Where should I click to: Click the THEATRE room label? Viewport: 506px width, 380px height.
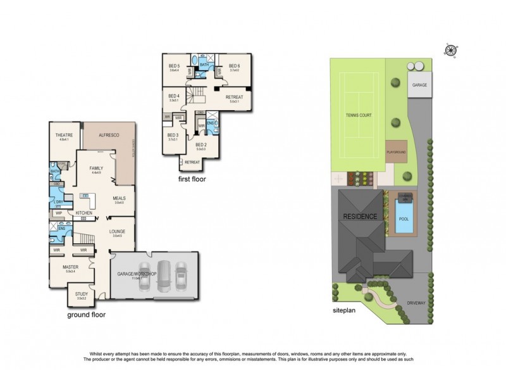64,135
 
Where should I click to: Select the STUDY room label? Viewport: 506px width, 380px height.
82,293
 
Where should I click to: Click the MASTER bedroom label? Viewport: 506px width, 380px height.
70,267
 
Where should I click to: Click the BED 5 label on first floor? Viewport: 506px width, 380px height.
175,66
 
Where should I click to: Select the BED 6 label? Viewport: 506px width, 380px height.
234,66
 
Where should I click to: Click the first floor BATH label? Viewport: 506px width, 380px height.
204,65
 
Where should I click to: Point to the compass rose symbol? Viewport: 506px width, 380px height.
450,50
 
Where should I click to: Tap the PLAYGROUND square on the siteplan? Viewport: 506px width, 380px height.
397,153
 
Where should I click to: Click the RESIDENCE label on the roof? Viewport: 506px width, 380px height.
361,217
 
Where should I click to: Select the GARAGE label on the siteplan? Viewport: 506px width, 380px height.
418,84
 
